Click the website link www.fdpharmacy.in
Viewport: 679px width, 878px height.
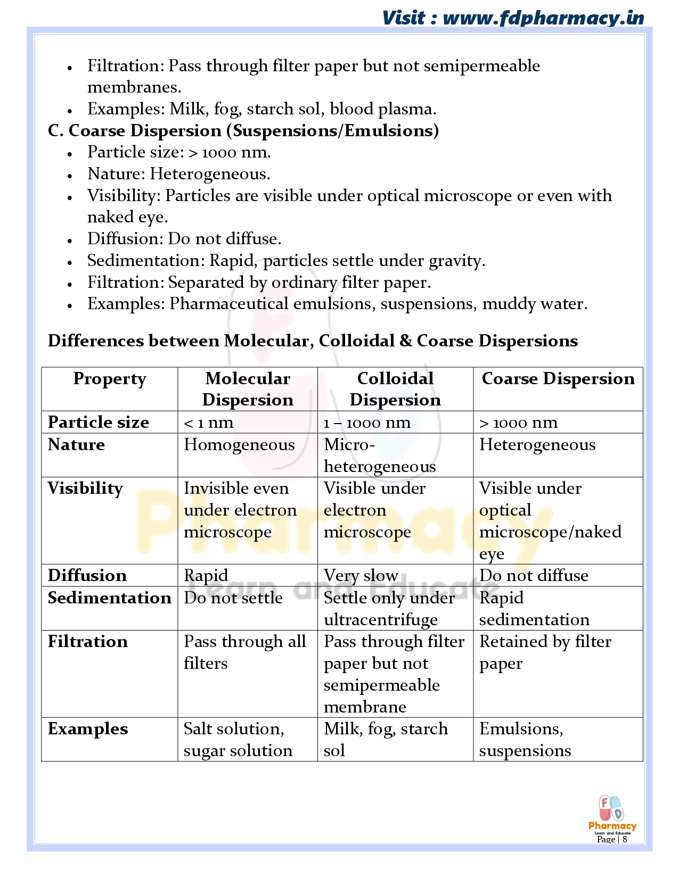click(543, 18)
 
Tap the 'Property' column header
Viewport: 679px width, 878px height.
click(110, 379)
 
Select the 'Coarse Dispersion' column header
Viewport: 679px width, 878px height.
click(558, 379)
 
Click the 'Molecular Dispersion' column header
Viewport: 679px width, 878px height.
click(248, 389)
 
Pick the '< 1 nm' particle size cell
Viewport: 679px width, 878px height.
click(209, 423)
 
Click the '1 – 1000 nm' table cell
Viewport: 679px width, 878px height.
click(367, 423)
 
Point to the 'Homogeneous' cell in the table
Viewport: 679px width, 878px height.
click(239, 445)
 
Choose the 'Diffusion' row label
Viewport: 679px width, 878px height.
click(87, 576)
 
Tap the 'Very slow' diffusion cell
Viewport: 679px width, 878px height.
click(361, 576)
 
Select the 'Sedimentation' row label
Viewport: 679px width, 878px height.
click(109, 598)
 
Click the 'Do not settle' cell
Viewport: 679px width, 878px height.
click(233, 598)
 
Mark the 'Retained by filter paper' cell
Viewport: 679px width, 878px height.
click(545, 652)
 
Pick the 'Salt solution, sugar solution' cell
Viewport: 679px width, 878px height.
click(238, 740)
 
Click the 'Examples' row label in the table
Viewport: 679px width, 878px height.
click(88, 729)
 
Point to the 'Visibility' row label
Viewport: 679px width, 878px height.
click(85, 488)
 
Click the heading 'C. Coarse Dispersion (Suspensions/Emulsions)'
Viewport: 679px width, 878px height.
click(243, 131)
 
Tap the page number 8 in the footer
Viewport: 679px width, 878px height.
click(625, 839)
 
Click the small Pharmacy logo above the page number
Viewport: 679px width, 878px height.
click(612, 814)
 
